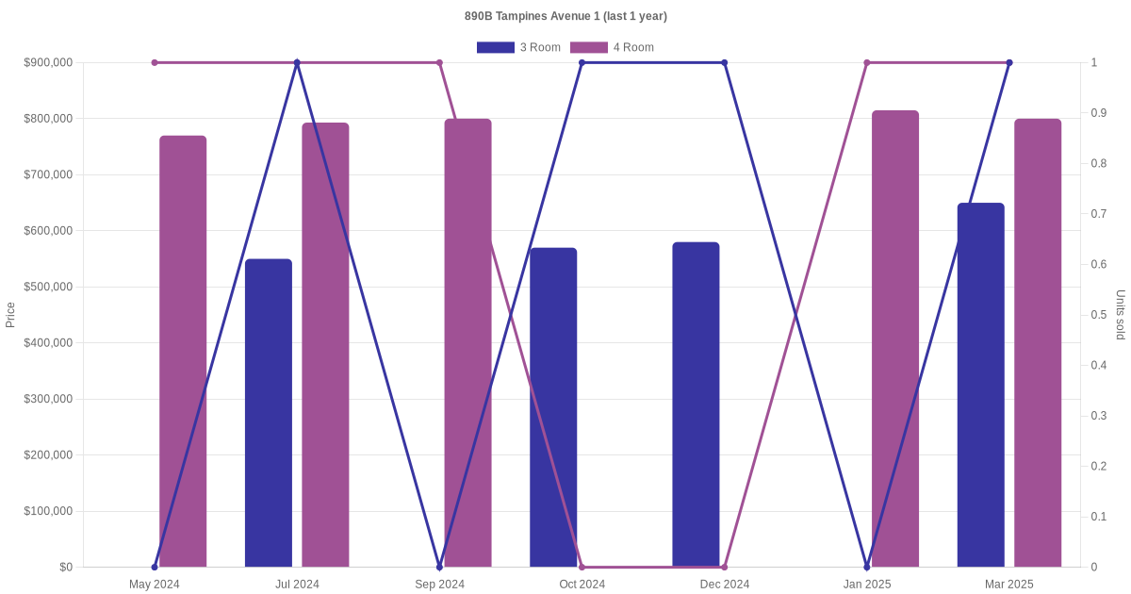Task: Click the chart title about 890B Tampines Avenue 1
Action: pos(565,16)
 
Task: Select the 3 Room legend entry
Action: pos(518,47)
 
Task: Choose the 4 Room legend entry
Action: pos(612,47)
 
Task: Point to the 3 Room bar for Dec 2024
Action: pos(696,404)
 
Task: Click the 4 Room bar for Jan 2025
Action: pos(894,338)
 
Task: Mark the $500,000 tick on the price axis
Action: pos(48,287)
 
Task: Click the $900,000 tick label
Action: pos(48,62)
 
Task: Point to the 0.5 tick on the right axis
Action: pos(1097,315)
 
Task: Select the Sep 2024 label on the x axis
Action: pos(439,585)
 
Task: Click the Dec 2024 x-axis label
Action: pos(724,585)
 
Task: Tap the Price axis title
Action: pos(10,315)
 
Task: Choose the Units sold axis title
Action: pos(1121,315)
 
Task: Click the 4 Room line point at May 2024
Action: pos(155,62)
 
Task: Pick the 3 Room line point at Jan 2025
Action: pos(867,567)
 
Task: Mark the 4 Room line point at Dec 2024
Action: pos(724,567)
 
